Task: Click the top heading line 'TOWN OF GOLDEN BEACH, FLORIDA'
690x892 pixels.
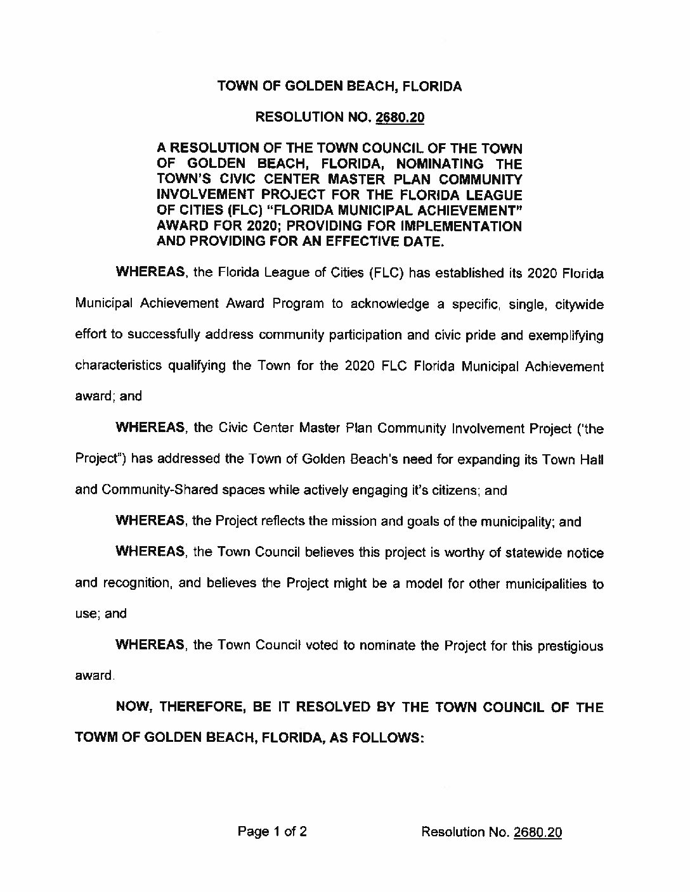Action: coord(339,87)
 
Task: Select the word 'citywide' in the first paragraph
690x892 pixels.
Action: coord(579,305)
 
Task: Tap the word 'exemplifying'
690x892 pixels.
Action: coord(568,336)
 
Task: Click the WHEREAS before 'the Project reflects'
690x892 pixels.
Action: coord(150,521)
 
